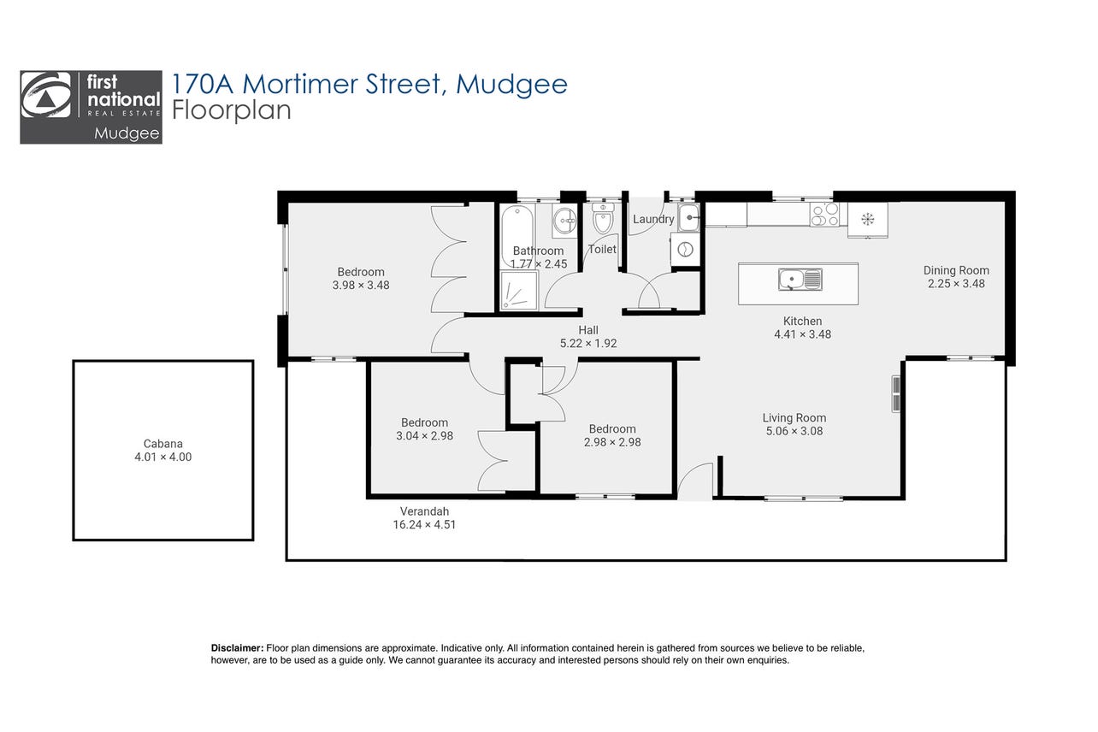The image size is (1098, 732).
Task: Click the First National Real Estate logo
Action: tap(91, 107)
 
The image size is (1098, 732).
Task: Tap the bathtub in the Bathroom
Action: tap(517, 236)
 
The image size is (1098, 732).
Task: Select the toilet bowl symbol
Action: tap(602, 218)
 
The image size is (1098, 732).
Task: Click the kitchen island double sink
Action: tap(800, 280)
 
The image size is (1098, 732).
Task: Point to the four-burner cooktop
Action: tap(824, 215)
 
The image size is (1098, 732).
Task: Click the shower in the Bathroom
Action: tap(519, 290)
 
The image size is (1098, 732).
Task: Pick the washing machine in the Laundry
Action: tap(685, 250)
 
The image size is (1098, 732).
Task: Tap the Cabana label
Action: tap(162, 444)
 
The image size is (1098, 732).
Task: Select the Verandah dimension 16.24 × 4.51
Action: tap(424, 524)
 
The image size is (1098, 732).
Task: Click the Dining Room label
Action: tap(956, 270)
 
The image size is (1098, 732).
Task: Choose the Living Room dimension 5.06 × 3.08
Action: tap(794, 431)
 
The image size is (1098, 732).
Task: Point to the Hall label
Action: tap(588, 330)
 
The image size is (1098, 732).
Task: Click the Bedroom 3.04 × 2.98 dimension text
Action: tap(424, 435)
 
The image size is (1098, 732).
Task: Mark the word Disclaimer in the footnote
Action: tap(237, 647)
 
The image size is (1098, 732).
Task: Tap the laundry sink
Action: tap(689, 216)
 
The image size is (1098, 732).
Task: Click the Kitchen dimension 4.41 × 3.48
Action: tap(802, 334)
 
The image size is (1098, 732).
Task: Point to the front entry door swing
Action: tap(694, 481)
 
